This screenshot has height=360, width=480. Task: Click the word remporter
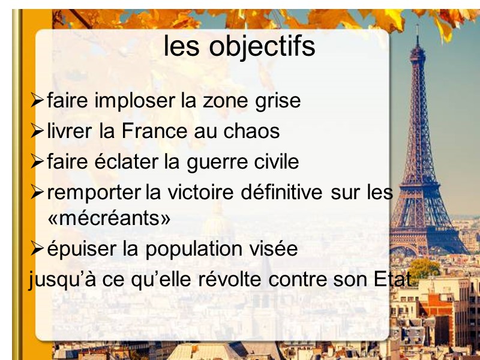coord(95,193)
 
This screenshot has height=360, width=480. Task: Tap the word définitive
coord(284,193)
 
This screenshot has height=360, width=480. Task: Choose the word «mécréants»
coord(109,218)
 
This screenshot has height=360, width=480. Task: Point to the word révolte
coord(229,280)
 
